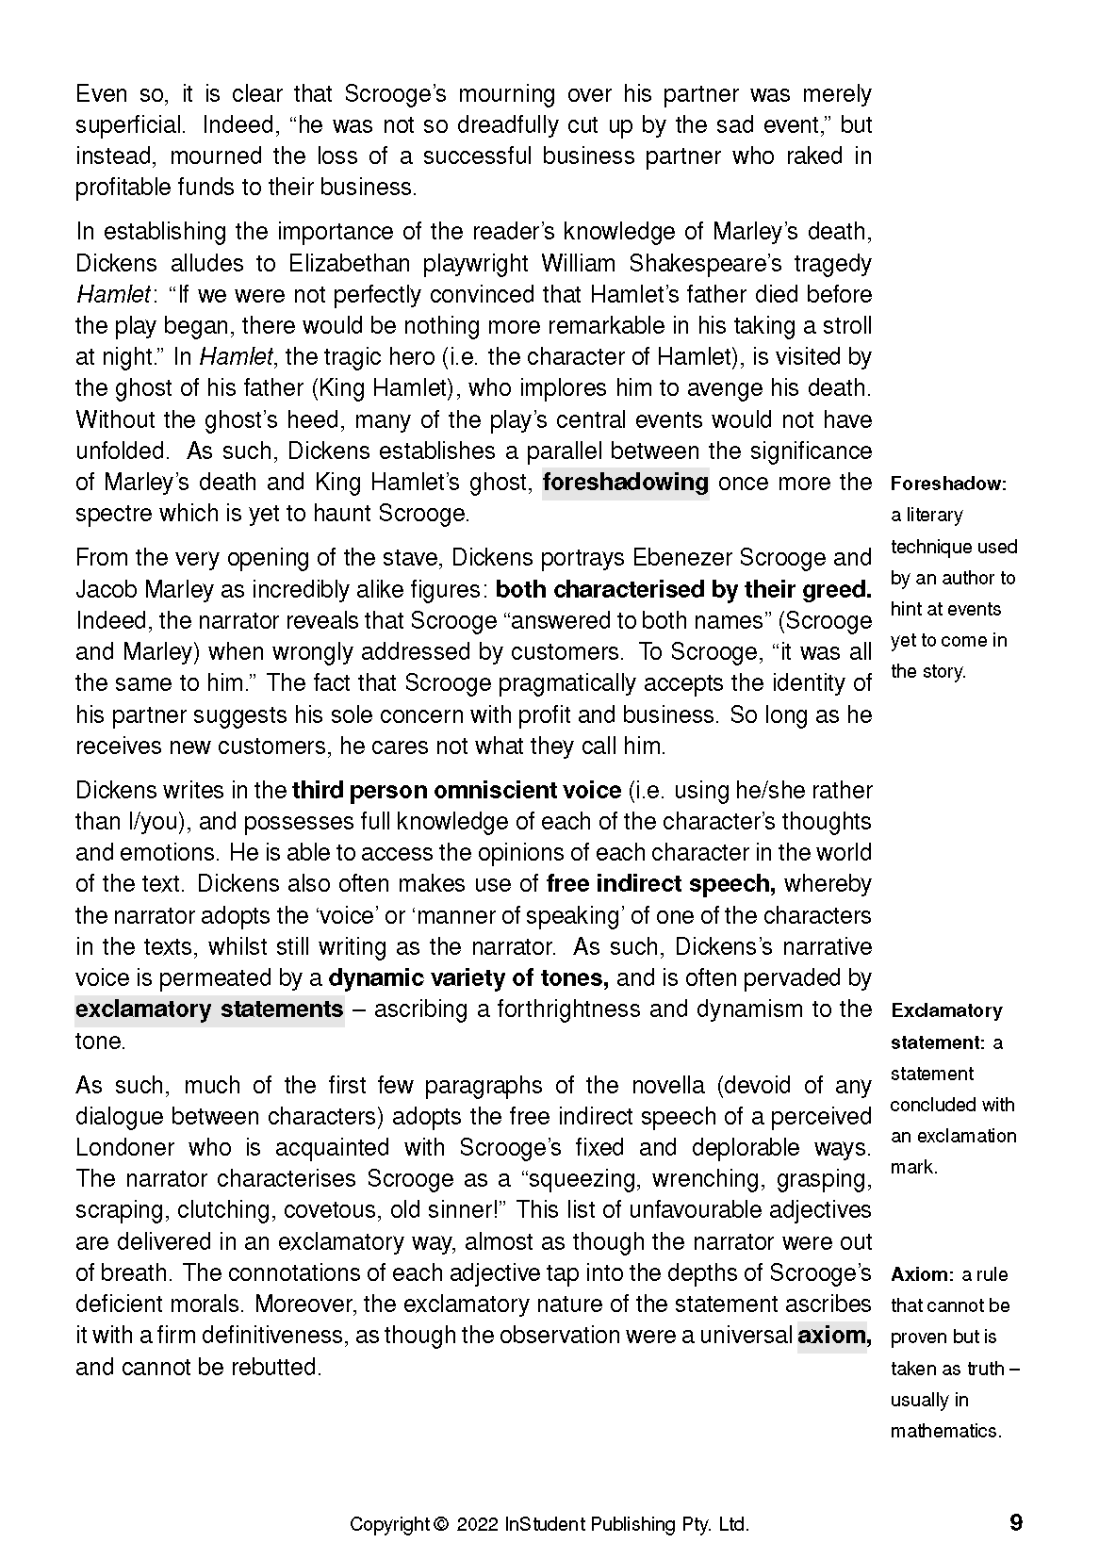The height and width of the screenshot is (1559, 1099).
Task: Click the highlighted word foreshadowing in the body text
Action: coord(626,483)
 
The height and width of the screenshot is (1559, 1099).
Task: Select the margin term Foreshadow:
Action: coord(948,484)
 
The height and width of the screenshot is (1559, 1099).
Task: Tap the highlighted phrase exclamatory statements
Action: coord(209,1009)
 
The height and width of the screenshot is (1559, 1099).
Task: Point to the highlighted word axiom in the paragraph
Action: coord(832,1336)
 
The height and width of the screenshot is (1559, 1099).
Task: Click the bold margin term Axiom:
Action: coord(923,1274)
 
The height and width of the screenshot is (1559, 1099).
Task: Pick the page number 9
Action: coord(1015,1523)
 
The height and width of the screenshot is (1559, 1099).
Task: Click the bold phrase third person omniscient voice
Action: coord(457,790)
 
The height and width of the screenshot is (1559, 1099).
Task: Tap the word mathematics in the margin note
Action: coord(945,1431)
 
